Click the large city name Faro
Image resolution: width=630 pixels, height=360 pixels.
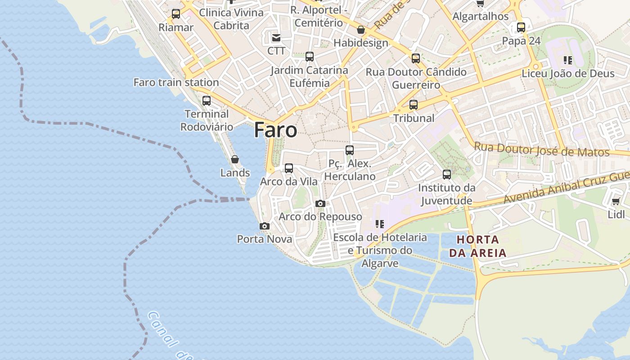coord(275,130)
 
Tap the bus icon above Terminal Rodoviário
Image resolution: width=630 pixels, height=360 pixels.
coord(207,101)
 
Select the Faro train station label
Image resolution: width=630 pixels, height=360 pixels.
coord(176,82)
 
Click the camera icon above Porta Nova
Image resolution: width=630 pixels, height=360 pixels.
coord(265,226)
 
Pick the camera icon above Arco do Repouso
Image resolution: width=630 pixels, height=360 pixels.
coord(320,204)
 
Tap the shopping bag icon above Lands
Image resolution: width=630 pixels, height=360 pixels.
coord(234,159)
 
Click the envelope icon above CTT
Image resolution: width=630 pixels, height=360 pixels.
coord(276,38)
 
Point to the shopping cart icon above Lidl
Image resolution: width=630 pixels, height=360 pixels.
coord(616,201)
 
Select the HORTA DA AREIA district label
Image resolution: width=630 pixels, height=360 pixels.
coord(477,246)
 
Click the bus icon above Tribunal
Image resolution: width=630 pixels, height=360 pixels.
coord(414,105)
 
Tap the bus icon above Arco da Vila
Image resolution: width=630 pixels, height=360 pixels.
coord(289,168)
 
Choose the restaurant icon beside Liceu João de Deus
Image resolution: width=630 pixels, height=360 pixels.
coord(568,60)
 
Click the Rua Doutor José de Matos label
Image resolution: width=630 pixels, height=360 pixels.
coord(542,149)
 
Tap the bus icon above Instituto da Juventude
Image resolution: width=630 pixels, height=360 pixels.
coord(446,175)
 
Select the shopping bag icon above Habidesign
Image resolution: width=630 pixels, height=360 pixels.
coord(360,30)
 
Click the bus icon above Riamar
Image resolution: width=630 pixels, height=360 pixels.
coord(176,14)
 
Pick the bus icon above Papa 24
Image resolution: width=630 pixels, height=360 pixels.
coord(521,27)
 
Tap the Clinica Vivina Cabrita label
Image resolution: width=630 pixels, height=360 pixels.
coord(231,19)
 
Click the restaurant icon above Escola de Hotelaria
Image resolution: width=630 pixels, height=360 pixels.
coord(379,224)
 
